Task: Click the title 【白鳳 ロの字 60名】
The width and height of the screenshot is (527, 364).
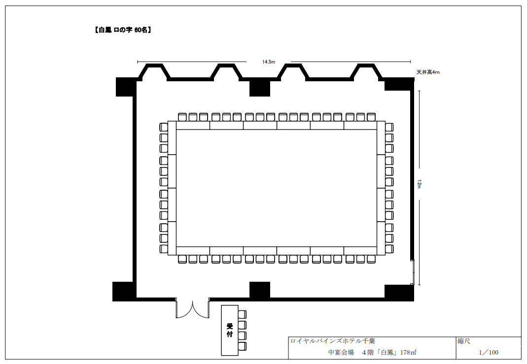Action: click(x=122, y=30)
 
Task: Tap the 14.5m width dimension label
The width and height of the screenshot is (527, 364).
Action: click(x=269, y=62)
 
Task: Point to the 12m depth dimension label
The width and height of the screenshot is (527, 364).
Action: click(x=419, y=184)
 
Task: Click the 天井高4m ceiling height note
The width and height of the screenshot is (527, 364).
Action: click(x=428, y=72)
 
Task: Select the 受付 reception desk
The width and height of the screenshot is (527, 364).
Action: click(x=230, y=330)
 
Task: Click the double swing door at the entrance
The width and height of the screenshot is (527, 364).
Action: click(x=193, y=309)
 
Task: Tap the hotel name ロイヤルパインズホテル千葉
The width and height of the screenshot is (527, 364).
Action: click(x=332, y=341)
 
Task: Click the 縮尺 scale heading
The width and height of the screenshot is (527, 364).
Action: click(x=464, y=341)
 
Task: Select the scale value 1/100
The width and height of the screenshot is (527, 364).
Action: click(x=489, y=352)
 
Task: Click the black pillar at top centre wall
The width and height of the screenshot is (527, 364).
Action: click(x=260, y=88)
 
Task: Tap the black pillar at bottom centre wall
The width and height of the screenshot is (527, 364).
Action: click(x=260, y=290)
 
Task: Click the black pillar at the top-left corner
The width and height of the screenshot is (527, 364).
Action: click(x=126, y=87)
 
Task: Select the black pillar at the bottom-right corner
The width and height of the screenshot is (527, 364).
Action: click(x=399, y=293)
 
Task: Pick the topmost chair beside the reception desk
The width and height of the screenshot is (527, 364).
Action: click(x=242, y=314)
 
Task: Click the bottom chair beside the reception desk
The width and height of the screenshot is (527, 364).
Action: click(x=242, y=347)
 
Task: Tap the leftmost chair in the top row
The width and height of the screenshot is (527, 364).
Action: click(x=182, y=117)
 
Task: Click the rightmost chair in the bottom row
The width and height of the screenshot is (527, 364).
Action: click(x=371, y=259)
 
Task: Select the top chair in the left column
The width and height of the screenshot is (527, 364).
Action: click(x=163, y=127)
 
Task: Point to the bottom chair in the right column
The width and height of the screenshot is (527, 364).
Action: click(x=389, y=249)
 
